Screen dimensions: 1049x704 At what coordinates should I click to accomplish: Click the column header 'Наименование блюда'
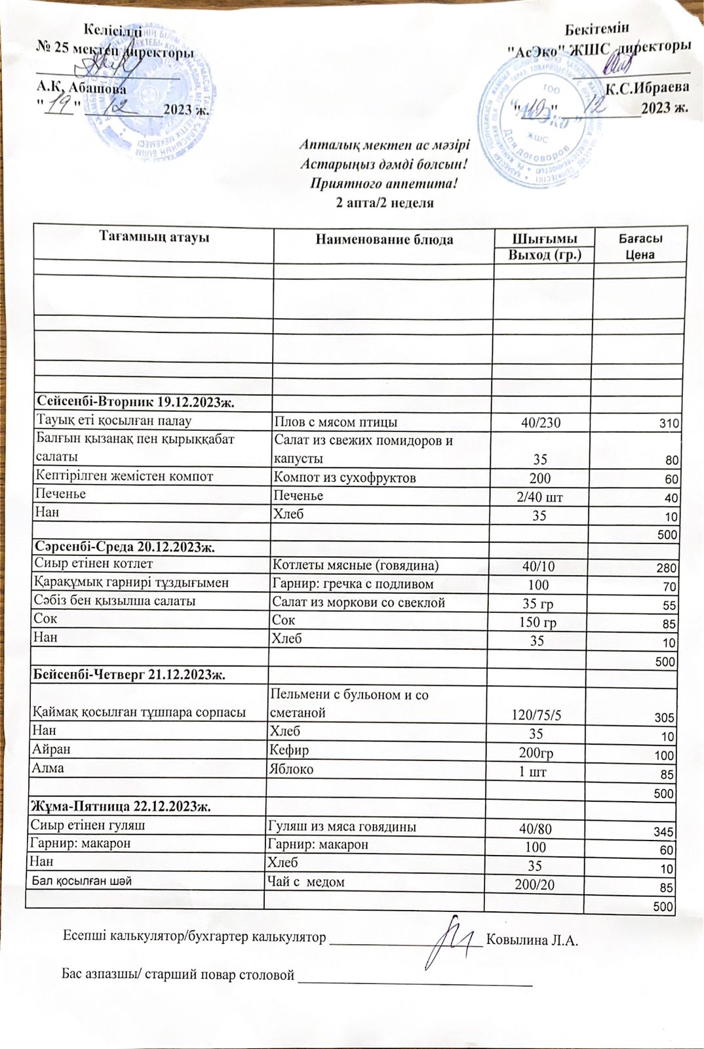coord(384,240)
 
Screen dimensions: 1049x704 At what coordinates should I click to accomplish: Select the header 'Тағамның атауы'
coord(154,237)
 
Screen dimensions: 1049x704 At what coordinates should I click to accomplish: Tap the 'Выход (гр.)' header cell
coord(544,255)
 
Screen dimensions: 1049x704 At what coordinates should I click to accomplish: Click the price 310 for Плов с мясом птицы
coord(669,424)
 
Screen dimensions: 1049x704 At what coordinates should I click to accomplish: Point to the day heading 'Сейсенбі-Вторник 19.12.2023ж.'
coord(136,403)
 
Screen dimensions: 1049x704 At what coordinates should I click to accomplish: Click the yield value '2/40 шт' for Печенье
coord(539,498)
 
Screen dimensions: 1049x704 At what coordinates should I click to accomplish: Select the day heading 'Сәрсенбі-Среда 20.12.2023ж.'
coord(126,547)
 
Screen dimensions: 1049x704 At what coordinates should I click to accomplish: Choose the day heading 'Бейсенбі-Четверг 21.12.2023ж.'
coord(128,675)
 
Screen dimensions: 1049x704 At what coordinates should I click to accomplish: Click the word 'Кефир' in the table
coord(289,750)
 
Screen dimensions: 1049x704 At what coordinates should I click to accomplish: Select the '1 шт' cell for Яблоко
coord(532,772)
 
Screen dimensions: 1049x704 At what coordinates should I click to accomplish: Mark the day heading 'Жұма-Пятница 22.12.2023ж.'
coord(121,806)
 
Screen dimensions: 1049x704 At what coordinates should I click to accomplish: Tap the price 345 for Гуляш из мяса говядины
coord(663,832)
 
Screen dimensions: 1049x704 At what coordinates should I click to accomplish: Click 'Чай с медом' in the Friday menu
coord(306,882)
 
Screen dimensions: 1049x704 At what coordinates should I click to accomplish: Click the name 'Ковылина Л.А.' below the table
coord(532,941)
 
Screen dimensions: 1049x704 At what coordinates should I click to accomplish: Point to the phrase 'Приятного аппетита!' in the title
coord(383,184)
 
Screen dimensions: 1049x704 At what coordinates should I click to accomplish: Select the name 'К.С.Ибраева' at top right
coord(646,88)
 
